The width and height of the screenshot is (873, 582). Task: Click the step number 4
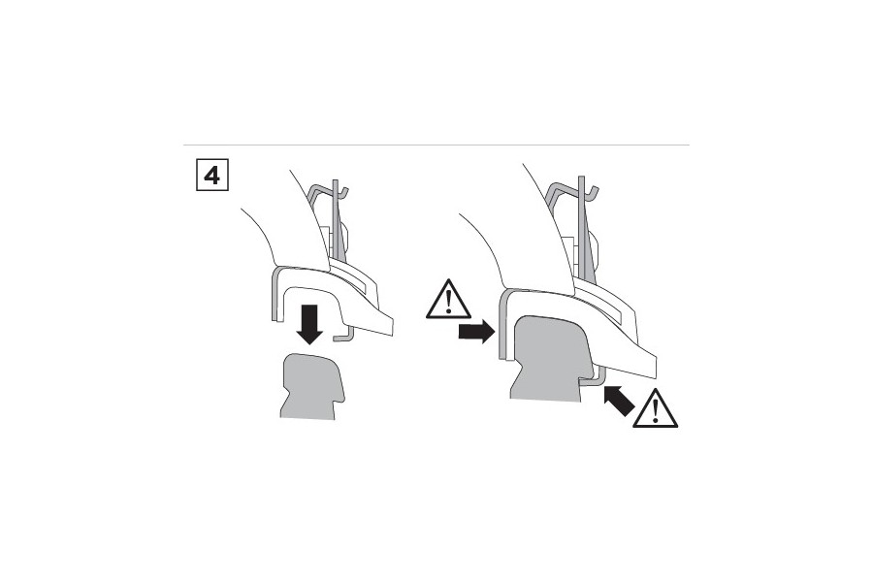coord(212,175)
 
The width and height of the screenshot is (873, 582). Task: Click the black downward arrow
coord(309,325)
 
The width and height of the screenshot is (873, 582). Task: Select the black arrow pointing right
coord(476,332)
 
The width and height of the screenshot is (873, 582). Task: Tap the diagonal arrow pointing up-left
coord(619,401)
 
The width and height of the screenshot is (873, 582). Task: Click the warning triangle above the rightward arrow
coord(448,301)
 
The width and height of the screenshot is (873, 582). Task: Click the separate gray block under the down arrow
coord(311,387)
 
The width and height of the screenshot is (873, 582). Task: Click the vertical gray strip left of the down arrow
coord(275,294)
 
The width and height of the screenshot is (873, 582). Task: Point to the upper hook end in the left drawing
coord(344,193)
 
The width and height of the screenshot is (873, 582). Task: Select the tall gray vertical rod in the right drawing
coord(581,227)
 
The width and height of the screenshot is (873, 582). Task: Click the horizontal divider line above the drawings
coord(436,145)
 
